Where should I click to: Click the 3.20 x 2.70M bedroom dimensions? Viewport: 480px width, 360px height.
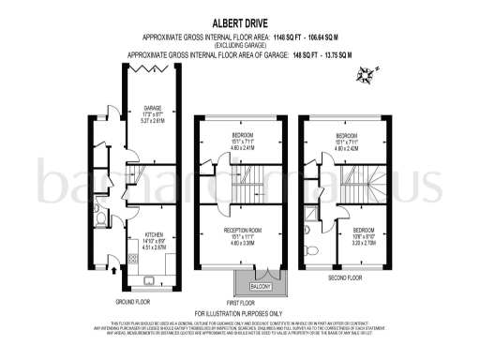pyautogui.click(x=365, y=242)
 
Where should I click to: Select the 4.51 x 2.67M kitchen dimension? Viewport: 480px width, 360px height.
pyautogui.click(x=153, y=248)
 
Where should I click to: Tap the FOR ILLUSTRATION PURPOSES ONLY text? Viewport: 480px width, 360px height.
pyautogui.click(x=239, y=312)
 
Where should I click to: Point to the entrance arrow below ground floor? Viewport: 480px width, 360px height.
pyautogui.click(x=114, y=271)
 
